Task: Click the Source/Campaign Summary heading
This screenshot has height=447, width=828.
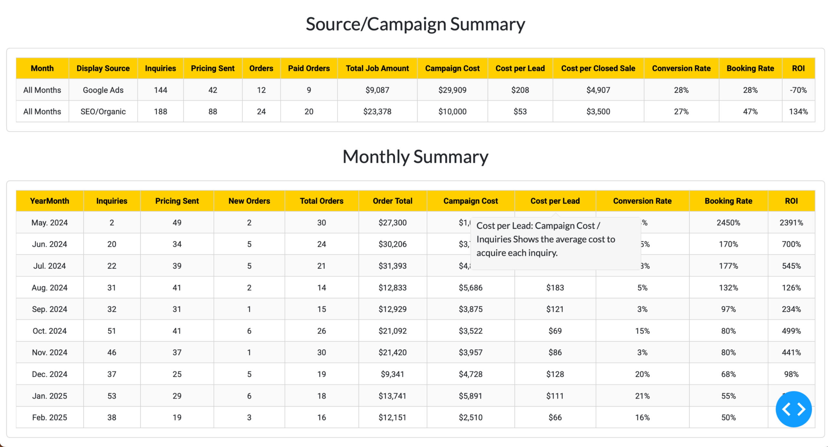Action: coord(415,24)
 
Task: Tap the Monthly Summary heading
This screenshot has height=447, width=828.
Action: coord(415,157)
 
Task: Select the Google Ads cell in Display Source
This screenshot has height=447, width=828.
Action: coord(103,90)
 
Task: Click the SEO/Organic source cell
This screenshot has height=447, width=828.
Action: coord(103,112)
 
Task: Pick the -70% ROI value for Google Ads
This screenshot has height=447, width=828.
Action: coord(798,90)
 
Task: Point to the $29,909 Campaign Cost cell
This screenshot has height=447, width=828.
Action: coord(452,90)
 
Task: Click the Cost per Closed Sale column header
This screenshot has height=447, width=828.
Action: coord(598,68)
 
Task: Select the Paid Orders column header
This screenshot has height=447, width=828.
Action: coord(309,68)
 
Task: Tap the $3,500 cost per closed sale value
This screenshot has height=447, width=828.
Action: coord(598,112)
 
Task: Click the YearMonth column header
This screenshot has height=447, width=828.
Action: coord(49,201)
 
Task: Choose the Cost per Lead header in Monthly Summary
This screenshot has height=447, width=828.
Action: coord(555,201)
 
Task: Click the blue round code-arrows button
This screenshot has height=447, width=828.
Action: coord(793,409)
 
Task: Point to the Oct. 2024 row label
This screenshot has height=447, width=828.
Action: coord(49,331)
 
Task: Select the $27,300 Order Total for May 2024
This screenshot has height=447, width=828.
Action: coord(392,222)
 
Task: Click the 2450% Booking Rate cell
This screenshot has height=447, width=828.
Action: coord(728,222)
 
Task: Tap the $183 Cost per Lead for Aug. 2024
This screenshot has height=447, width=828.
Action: coord(555,287)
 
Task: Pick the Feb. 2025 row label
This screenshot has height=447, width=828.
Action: coord(49,417)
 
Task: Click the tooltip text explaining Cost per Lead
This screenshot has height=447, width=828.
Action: coord(545,239)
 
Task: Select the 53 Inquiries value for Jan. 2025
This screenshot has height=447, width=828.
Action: coord(112,396)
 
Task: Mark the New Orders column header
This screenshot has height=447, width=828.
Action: coord(249,201)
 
